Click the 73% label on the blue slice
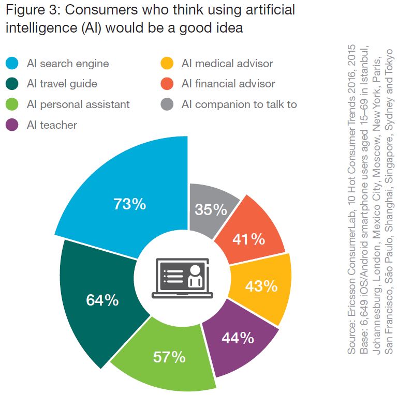129,204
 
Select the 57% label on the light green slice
169,357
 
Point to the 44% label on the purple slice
238,338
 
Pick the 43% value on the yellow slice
261,285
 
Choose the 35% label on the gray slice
211,209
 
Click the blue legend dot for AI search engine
12,64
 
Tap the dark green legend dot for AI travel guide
12,84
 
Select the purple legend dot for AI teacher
12,125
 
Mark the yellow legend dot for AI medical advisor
167,64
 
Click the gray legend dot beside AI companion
167,104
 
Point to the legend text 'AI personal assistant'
78,104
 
